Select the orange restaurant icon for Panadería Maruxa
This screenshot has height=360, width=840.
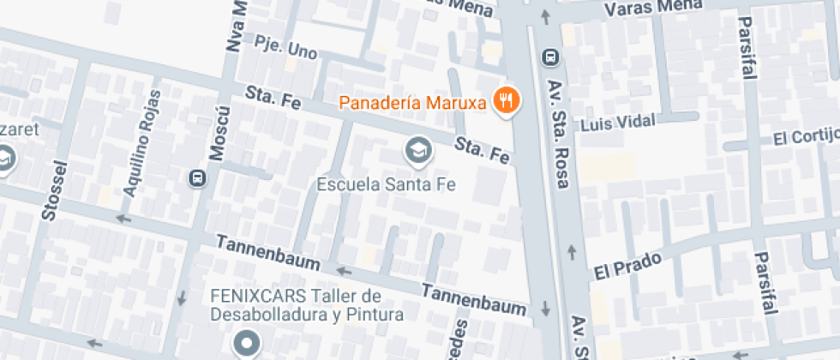tap(507, 101)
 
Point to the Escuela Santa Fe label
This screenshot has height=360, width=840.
tap(385, 183)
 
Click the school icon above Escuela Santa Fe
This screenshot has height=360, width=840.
tap(417, 152)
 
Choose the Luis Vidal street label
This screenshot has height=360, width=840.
tap(618, 124)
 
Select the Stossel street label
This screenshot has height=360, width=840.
tap(52, 189)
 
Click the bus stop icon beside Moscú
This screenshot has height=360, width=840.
tap(197, 178)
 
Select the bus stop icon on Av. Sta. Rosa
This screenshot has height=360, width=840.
tap(550, 57)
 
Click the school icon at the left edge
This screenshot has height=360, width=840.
tap(5, 159)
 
